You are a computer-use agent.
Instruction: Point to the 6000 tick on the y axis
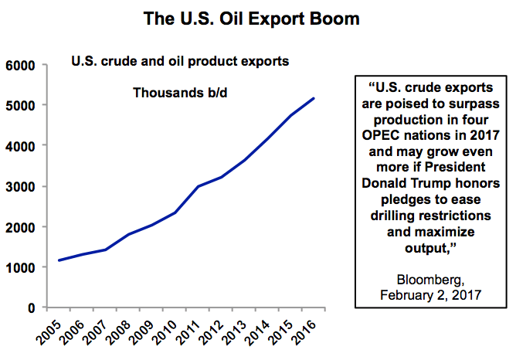pyautogui.click(x=21, y=65)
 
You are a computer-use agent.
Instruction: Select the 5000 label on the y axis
pyautogui.click(x=21, y=105)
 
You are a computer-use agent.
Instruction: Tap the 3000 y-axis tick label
pyautogui.click(x=21, y=186)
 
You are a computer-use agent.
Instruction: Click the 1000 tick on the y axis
pyautogui.click(x=21, y=267)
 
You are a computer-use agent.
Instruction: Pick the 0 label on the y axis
pyautogui.click(x=32, y=307)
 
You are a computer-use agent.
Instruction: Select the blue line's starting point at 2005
pyautogui.click(x=58, y=260)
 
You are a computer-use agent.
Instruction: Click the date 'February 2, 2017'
pyautogui.click(x=427, y=295)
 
